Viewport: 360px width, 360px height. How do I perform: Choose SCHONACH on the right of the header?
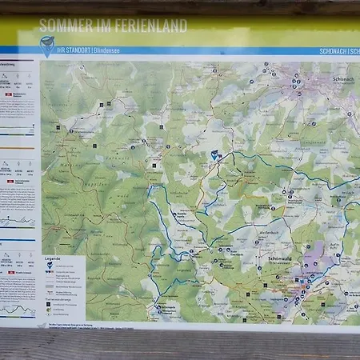click(334, 50)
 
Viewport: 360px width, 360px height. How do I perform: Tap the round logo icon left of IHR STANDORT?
click(46, 44)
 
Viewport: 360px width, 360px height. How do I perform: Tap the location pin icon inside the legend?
click(49, 266)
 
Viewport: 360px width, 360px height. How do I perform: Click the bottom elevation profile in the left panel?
click(18, 309)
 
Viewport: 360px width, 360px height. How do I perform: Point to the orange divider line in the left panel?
click(18, 147)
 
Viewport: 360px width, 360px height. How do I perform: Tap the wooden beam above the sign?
click(180, 6)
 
